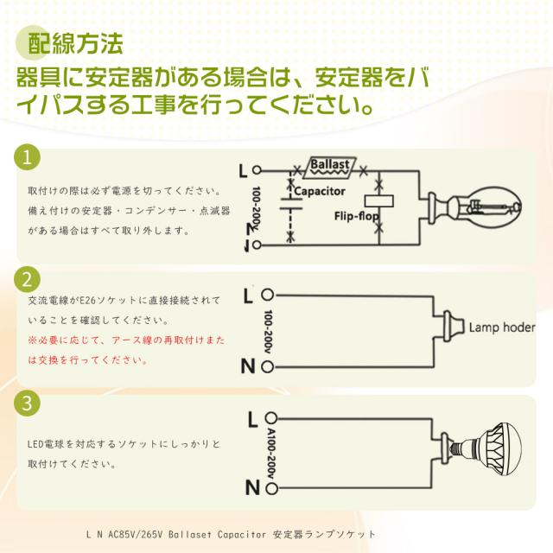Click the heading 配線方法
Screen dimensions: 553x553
75,41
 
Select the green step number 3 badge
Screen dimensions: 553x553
29,403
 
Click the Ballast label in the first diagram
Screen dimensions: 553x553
329,163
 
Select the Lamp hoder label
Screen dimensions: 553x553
502,328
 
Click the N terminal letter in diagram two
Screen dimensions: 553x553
248,365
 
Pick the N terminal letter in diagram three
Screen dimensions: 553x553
251,488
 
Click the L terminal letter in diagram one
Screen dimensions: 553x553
252,169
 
